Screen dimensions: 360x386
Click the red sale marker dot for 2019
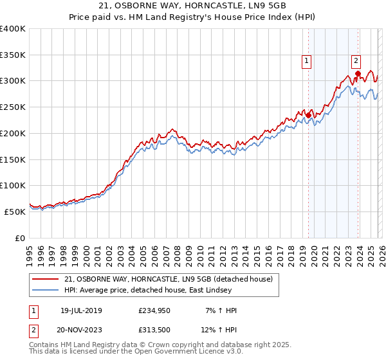[x=308, y=115]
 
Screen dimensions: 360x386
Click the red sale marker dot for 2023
[x=358, y=73]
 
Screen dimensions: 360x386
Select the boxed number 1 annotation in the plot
[x=307, y=61]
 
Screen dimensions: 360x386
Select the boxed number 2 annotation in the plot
[x=356, y=61]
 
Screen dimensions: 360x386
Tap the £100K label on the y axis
[x=13, y=185]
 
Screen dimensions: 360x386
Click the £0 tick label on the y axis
[x=19, y=237]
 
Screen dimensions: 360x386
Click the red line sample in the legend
[x=46, y=279]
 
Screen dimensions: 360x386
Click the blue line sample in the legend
[x=46, y=291]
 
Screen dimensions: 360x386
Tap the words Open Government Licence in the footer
[x=181, y=352]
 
